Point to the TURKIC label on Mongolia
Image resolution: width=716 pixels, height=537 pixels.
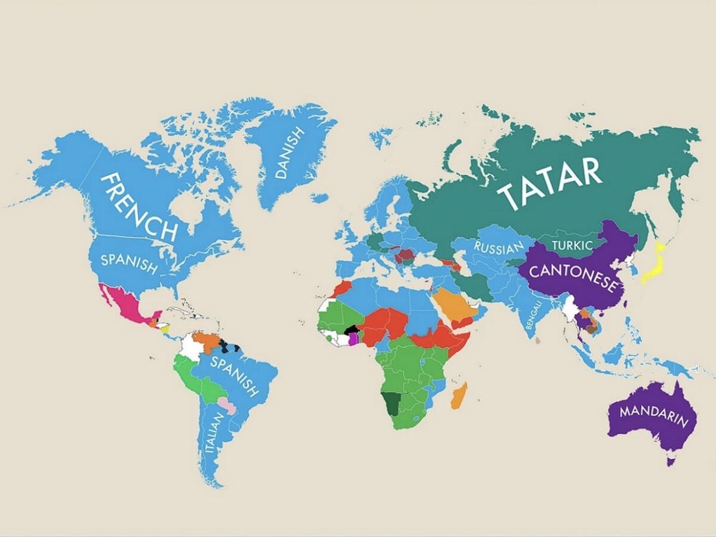(572, 245)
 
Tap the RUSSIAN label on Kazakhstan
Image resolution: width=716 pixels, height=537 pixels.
(499, 248)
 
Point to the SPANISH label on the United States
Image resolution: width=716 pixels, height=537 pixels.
(129, 264)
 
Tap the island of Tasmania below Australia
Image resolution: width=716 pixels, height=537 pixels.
(671, 461)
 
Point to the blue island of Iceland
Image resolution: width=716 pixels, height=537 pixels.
(320, 197)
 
